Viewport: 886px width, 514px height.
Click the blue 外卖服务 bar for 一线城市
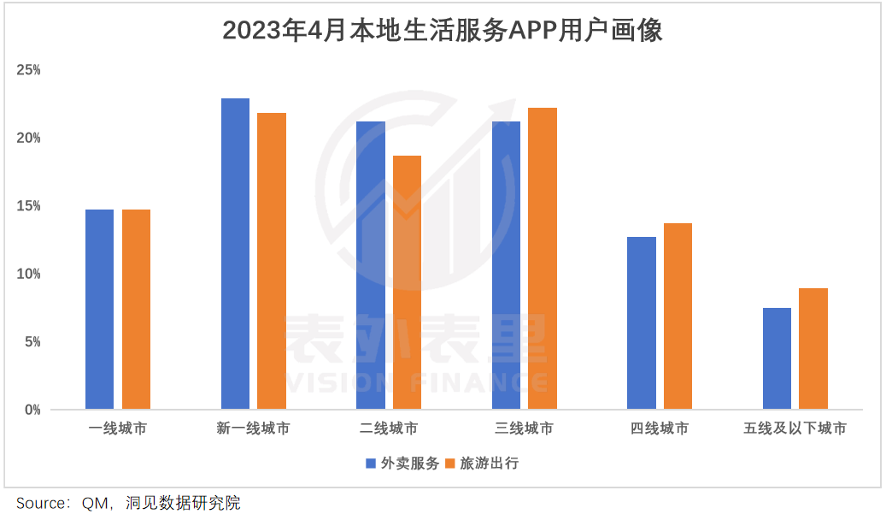99,309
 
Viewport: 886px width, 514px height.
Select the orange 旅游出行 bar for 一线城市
136,309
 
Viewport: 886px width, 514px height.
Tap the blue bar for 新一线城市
235,253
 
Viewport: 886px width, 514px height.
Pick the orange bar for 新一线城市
272,261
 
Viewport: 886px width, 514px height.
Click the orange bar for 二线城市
407,282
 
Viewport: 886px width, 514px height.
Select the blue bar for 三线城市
506,265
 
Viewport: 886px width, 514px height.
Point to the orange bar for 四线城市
678,316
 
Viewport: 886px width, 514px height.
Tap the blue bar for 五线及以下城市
777,358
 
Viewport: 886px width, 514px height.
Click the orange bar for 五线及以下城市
813,349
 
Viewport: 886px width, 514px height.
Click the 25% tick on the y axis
29,70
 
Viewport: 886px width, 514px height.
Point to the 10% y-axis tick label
29,274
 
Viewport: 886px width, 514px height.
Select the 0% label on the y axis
32,410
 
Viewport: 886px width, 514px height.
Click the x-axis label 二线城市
389,428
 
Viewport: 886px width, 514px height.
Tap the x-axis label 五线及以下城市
795,428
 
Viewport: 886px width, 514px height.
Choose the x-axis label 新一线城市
253,428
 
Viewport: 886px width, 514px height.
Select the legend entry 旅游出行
490,464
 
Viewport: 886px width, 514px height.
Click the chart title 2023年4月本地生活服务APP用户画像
443,31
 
